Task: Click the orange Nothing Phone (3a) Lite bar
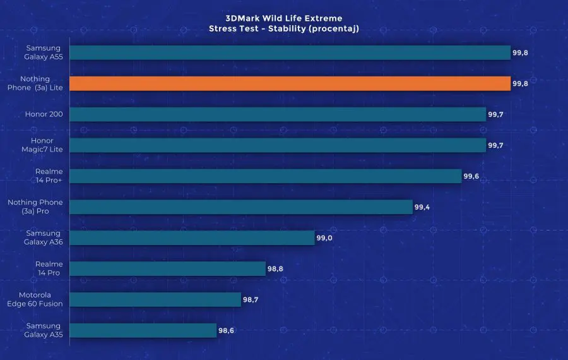pyautogui.click(x=290, y=83)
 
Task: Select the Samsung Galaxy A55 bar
pyautogui.click(x=290, y=52)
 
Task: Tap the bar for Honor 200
pyautogui.click(x=278, y=114)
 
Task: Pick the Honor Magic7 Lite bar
pyautogui.click(x=278, y=145)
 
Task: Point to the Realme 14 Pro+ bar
pyautogui.click(x=265, y=176)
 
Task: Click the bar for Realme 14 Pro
pyautogui.click(x=167, y=268)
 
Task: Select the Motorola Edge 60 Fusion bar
pyautogui.click(x=155, y=299)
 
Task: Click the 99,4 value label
pyautogui.click(x=422, y=207)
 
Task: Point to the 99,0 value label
pyautogui.click(x=324, y=237)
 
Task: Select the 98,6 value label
pyautogui.click(x=227, y=330)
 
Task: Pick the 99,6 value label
pyautogui.click(x=471, y=176)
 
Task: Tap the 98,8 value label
pyautogui.click(x=275, y=268)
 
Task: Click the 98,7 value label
pyautogui.click(x=251, y=299)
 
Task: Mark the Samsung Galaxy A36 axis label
pyautogui.click(x=44, y=237)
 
